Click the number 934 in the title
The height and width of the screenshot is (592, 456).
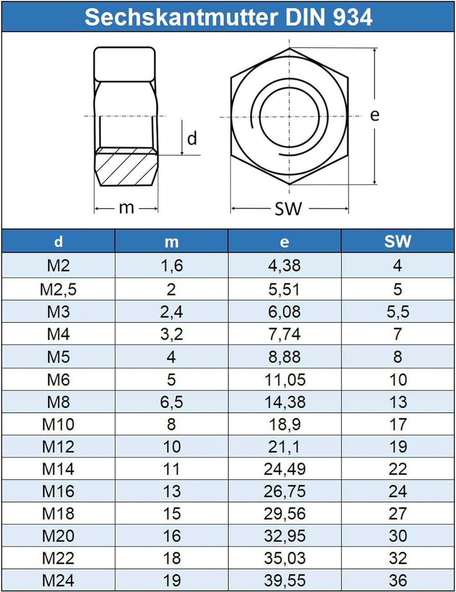[353, 17]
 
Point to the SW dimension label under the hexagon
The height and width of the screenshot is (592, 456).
[288, 209]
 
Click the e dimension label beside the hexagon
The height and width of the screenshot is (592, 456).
[374, 115]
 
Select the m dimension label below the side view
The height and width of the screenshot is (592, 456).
[126, 208]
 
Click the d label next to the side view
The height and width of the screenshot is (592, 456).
[192, 138]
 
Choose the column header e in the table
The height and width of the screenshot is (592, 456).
[284, 242]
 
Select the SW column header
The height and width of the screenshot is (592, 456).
[398, 241]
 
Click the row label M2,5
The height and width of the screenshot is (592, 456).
[58, 289]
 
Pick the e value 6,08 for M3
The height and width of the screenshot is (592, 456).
[284, 312]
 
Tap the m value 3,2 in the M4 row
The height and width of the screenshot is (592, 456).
[171, 334]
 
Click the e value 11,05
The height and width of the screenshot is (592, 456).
[285, 380]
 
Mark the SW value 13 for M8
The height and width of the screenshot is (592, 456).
[398, 402]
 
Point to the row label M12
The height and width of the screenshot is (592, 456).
[58, 447]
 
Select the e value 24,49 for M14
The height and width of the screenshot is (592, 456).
[285, 469]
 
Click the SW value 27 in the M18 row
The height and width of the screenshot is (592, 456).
[398, 514]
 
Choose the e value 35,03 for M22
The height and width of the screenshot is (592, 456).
[285, 559]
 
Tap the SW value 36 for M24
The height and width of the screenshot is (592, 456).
[398, 581]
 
